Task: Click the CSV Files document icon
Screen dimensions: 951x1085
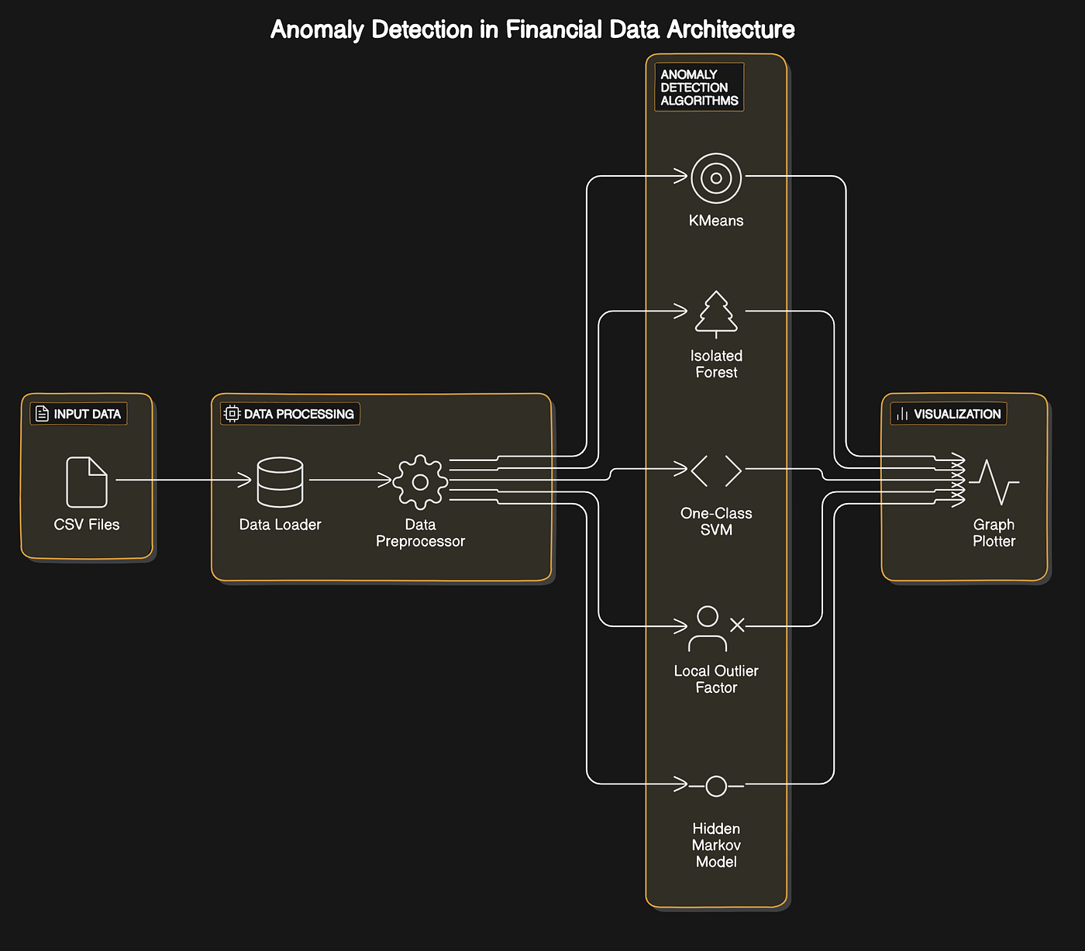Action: [x=87, y=481]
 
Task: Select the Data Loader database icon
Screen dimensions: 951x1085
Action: [x=280, y=482]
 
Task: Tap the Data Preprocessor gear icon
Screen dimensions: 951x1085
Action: [x=420, y=482]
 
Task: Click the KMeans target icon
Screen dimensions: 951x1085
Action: [x=716, y=178]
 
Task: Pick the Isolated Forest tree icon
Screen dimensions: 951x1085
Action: [x=716, y=314]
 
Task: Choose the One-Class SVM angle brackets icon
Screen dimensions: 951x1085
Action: [x=716, y=470]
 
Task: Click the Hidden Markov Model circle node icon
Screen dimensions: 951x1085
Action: [x=716, y=786]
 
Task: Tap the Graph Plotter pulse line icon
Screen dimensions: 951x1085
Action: [x=994, y=482]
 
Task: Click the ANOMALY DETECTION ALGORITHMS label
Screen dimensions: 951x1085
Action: [x=699, y=88]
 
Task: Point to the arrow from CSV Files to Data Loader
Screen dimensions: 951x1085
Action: [x=184, y=481]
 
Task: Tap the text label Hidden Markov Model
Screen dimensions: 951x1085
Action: [x=716, y=845]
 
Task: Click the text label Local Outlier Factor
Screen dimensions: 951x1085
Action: [x=716, y=679]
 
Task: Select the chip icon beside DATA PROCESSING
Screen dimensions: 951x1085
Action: [x=232, y=414]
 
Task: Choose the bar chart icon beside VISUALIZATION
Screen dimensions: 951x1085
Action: [x=902, y=414]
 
